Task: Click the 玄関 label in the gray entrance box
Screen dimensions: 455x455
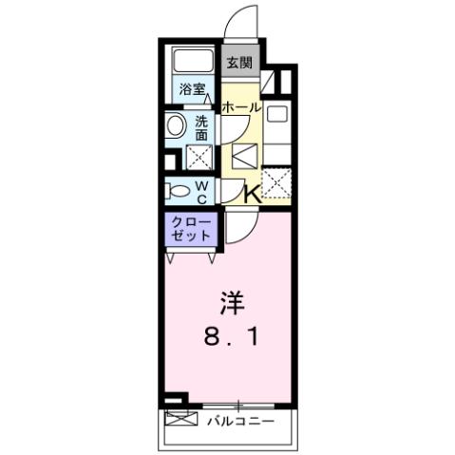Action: (238, 64)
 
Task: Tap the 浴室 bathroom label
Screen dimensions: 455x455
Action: (192, 90)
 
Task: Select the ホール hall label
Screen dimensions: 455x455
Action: (241, 108)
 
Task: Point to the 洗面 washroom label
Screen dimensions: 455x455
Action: (203, 128)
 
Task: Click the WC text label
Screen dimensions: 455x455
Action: (203, 191)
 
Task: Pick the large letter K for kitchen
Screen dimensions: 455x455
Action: (252, 193)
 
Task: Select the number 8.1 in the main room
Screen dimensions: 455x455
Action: (232, 336)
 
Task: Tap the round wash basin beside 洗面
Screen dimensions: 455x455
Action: (176, 126)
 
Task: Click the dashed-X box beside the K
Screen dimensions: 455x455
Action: (275, 182)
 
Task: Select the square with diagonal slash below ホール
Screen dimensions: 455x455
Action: (243, 155)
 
